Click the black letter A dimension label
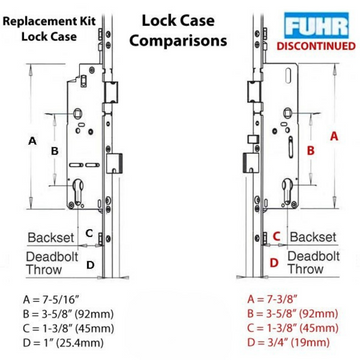coord(33,140)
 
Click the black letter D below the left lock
coord(90,265)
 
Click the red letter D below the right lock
coord(274,264)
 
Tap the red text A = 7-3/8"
coord(271,298)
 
